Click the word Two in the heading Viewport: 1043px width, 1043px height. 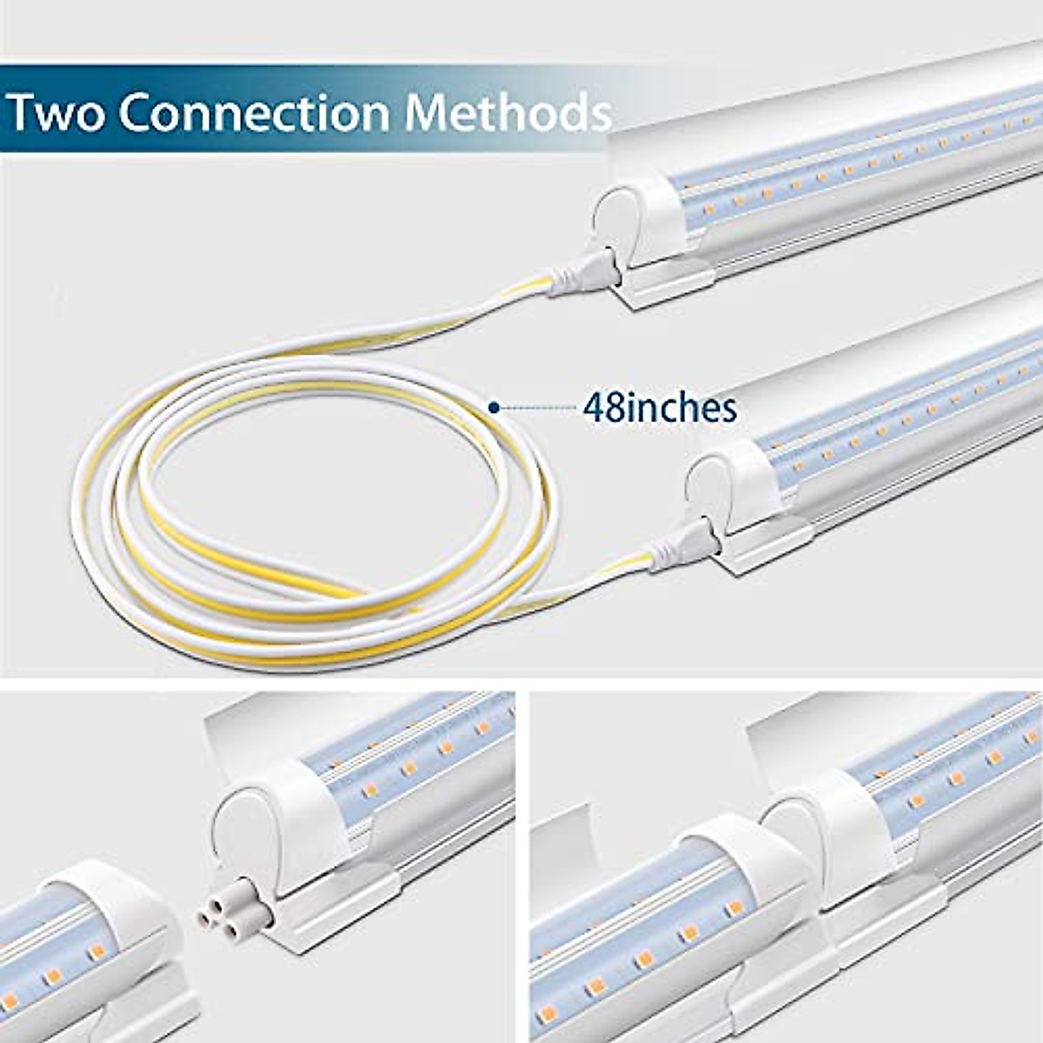[x=56, y=113]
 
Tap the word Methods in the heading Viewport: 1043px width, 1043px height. [x=508, y=113]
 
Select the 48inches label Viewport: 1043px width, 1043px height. [x=660, y=407]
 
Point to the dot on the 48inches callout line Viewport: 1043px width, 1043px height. [x=494, y=406]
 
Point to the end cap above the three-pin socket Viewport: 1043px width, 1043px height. [x=252, y=834]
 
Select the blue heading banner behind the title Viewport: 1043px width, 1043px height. [x=304, y=109]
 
